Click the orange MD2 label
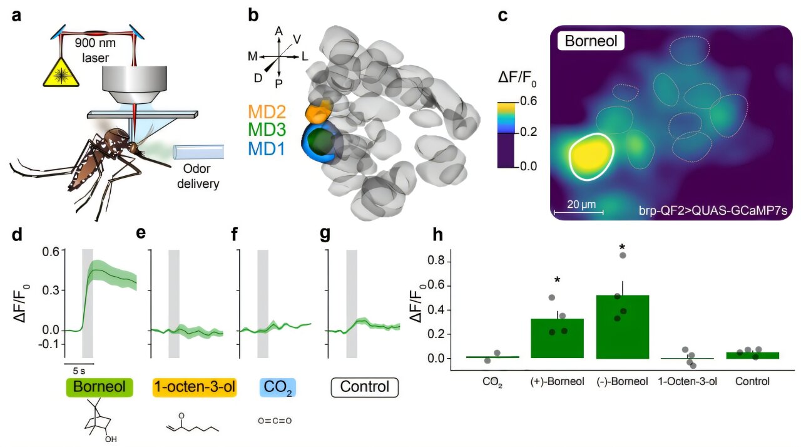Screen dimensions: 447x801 [x=267, y=112]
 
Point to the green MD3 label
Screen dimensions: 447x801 [x=267, y=130]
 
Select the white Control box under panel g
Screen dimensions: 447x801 [x=364, y=387]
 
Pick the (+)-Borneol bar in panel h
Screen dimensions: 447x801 [x=557, y=338]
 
